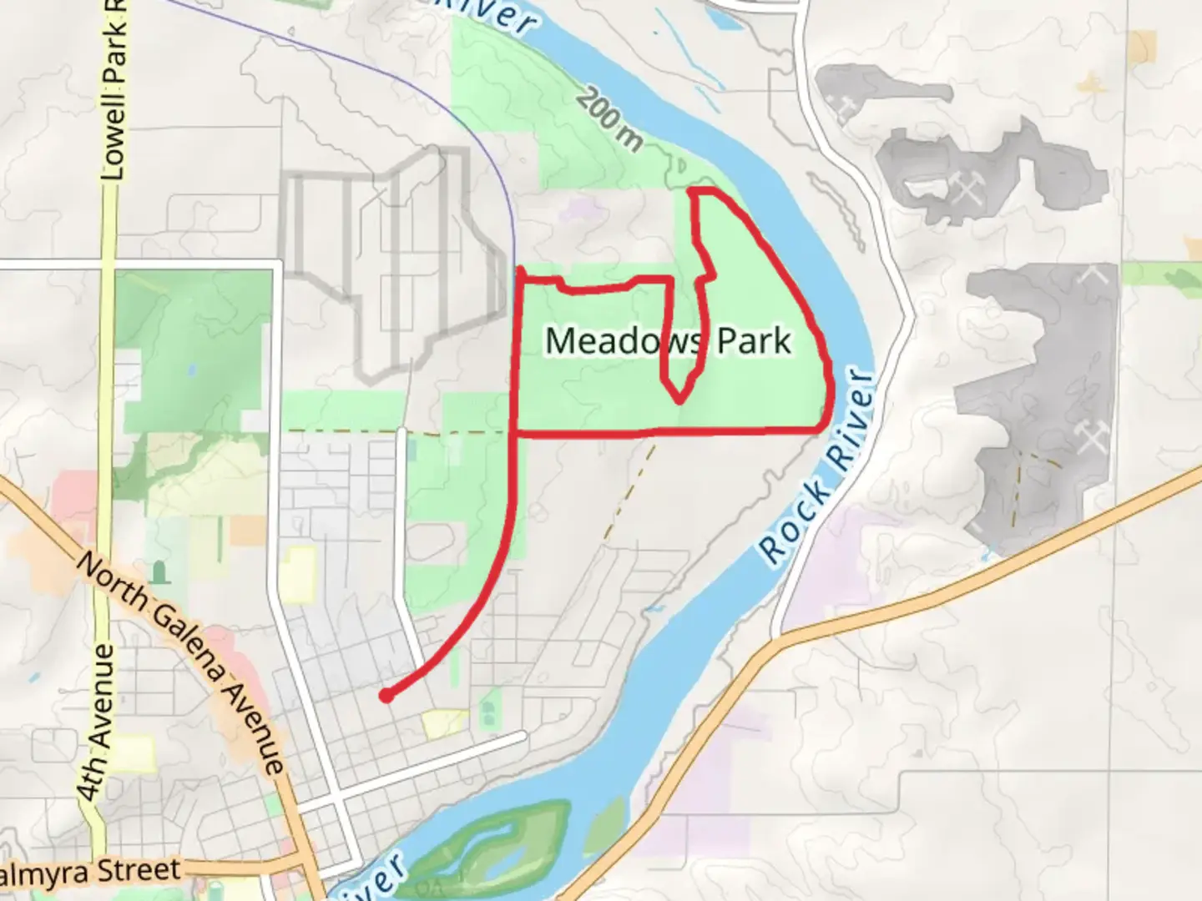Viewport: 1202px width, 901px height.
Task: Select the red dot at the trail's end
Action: point(386,695)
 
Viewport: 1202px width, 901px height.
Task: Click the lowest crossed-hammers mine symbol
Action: point(1089,437)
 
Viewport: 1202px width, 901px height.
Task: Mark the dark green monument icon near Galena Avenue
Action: point(159,572)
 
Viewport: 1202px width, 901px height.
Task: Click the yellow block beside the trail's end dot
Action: point(445,723)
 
